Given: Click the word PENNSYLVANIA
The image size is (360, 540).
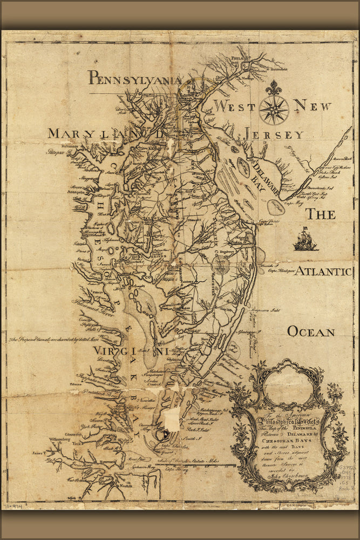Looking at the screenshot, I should (135, 79).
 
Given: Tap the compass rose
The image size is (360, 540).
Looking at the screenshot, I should (274, 109).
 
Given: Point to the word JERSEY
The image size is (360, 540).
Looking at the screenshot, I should (274, 135).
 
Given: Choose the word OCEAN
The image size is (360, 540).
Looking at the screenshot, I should (311, 331).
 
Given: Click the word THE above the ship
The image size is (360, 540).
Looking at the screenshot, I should (321, 214).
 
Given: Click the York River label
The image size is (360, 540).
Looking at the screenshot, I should (91, 426).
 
